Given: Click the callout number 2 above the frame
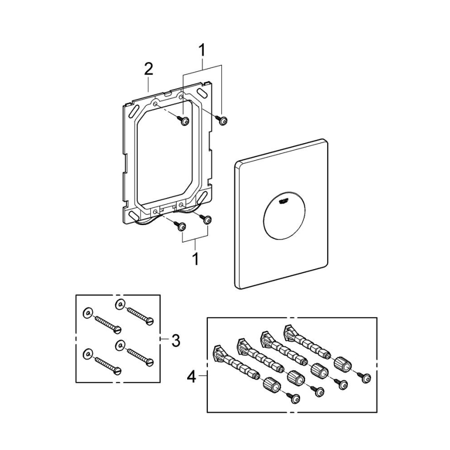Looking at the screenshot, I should click(x=148, y=69).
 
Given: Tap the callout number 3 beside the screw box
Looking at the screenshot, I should click(x=176, y=341).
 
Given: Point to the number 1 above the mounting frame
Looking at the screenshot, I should click(x=202, y=50).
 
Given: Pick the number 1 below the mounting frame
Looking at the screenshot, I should click(x=195, y=259).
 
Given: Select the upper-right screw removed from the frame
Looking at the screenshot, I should click(x=222, y=120).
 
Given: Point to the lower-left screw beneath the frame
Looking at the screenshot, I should click(x=180, y=226).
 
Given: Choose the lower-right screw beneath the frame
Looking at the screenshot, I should click(x=207, y=220).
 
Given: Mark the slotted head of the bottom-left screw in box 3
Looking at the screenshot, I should click(x=117, y=370).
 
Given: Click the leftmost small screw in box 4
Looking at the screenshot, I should click(x=296, y=398).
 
